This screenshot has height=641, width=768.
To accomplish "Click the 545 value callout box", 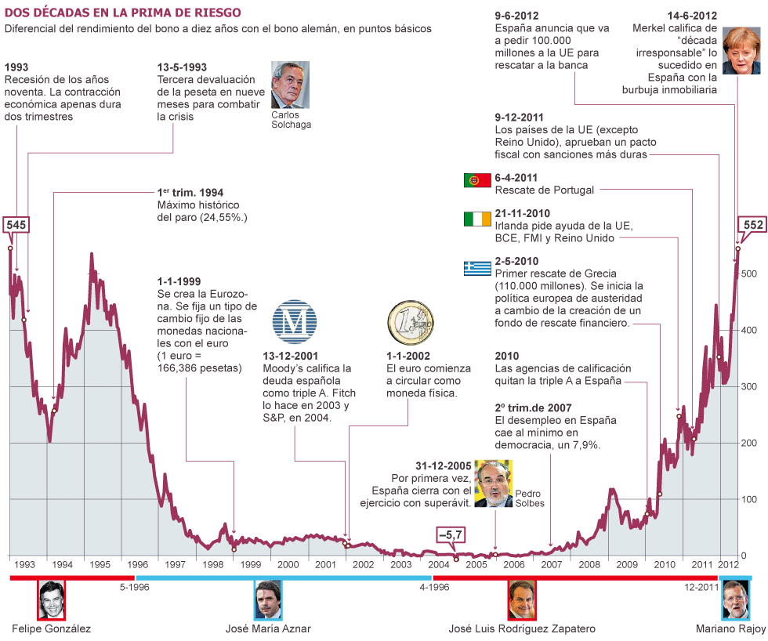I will point(16,225).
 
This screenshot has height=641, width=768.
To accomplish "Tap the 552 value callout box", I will point(752,226).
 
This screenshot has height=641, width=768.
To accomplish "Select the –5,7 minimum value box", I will point(451,534).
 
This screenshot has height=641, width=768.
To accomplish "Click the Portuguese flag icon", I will point(477,180).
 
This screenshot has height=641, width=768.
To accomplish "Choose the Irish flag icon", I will point(477,219).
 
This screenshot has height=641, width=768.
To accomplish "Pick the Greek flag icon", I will point(477,268).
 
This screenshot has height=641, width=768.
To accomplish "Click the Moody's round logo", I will point(295,320).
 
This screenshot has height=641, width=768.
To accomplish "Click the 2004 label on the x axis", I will point(439,564).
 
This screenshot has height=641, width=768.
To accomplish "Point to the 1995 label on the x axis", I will point(100,564).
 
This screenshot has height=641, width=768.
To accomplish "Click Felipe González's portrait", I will point(52,599).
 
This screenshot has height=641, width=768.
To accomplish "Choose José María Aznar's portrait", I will point(268,599).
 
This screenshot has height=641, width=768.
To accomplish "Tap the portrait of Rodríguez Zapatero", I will point(522,599).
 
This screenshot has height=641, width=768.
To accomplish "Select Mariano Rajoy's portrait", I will point(734,599).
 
